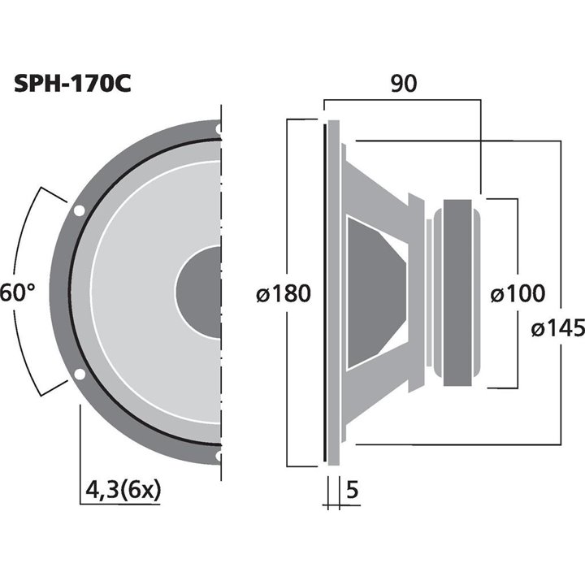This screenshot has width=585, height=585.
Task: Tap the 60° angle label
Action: point(18,292)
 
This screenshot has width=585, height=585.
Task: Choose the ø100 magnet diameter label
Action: point(518,292)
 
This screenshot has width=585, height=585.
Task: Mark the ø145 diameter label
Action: point(557,328)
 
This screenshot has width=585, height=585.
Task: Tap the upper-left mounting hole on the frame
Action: point(79,211)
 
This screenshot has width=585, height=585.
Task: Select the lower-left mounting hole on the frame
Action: point(79,375)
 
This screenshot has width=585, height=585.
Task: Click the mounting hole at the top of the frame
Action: point(219,128)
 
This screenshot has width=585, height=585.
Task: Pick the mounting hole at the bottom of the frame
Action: point(219,457)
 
